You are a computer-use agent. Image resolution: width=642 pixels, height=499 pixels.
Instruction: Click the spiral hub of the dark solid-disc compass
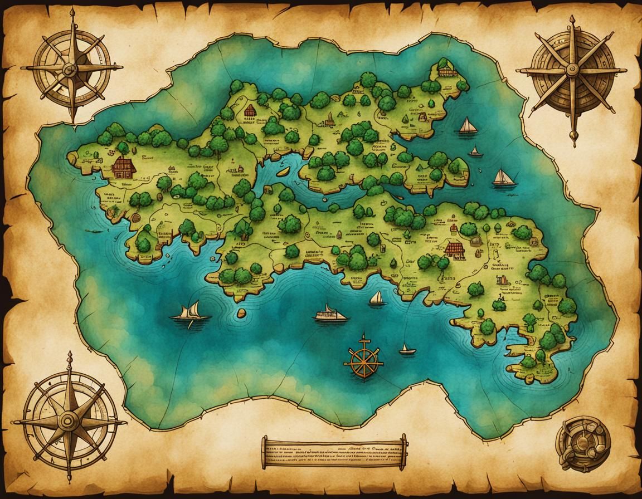(572, 69)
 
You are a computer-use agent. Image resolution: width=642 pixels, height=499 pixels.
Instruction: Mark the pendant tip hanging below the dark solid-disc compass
(574, 139)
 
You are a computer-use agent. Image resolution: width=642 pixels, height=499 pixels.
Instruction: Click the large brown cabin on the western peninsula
(124, 167)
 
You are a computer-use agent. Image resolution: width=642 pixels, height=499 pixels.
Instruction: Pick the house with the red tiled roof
(454, 249)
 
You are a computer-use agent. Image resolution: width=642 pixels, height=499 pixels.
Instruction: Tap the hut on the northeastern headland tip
(444, 70)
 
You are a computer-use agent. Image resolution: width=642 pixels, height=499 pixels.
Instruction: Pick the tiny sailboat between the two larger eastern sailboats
(475, 151)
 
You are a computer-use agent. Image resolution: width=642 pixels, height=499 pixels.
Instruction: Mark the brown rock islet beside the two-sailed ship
(241, 313)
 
